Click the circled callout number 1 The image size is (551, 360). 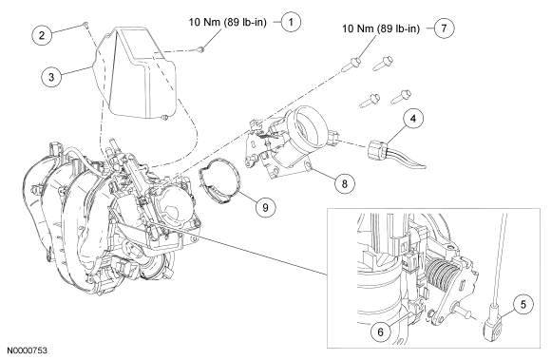tap(291, 22)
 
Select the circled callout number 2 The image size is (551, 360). tap(42, 35)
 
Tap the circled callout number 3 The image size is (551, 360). tap(51, 76)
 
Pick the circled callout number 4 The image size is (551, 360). tap(413, 119)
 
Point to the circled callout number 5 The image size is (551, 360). tap(523, 304)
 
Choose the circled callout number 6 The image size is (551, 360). tap(381, 332)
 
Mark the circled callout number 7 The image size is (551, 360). tap(445, 28)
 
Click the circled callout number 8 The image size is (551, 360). tap(344, 183)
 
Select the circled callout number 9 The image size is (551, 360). tap(265, 207)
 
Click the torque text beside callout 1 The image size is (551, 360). tap(228, 22)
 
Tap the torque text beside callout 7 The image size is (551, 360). tap(381, 28)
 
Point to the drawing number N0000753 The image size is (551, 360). tap(28, 351)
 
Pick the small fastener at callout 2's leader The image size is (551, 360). tap(85, 24)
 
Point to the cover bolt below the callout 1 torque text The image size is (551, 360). tap(201, 49)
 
